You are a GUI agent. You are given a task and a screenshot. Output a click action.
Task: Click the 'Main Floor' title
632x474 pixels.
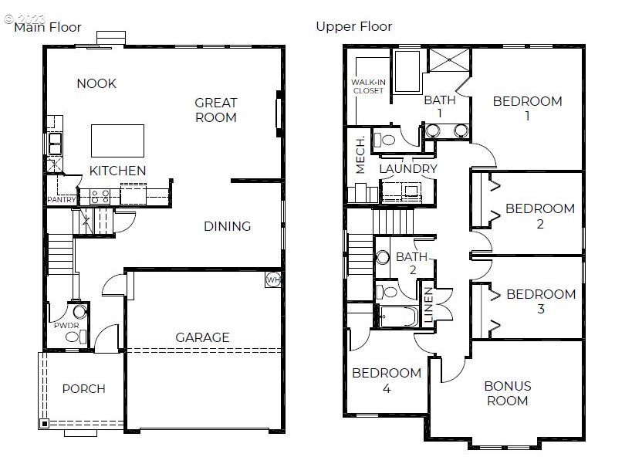[x=48, y=28]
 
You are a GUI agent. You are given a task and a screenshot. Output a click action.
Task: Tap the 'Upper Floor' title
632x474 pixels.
[x=354, y=26]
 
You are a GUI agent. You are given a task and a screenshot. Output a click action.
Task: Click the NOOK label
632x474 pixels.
[x=96, y=83]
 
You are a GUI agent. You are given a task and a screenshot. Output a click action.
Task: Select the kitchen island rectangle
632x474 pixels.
[x=118, y=141]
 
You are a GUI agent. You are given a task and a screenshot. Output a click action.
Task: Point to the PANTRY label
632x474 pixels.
[x=62, y=199]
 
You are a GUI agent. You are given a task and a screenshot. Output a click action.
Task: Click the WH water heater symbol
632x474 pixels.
[x=273, y=279]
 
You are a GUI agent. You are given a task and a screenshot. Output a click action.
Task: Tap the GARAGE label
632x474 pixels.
[x=203, y=337]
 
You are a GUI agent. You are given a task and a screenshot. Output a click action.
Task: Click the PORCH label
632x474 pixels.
[x=84, y=389]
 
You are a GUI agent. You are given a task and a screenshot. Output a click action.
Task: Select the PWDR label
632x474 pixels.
[x=66, y=325]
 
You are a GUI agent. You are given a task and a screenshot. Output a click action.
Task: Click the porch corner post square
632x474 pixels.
[x=44, y=424]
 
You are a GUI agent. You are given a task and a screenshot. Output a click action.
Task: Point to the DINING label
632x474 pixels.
[x=228, y=226]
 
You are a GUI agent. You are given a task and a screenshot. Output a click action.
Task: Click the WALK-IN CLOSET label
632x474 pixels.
[x=368, y=86]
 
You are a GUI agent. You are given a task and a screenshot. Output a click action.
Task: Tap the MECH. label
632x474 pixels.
[x=360, y=155]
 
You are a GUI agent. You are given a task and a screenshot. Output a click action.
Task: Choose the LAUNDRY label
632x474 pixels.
[x=408, y=169]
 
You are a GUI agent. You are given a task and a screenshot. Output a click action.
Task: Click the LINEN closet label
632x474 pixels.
[x=428, y=305]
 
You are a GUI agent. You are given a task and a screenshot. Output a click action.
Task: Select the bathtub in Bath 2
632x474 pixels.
[x=399, y=317]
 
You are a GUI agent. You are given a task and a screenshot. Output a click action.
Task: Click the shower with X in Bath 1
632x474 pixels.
[x=449, y=60]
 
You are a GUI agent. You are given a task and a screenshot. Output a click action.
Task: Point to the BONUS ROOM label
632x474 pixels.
[x=508, y=394]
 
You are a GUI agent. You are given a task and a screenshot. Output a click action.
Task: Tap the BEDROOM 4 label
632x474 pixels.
[x=387, y=381]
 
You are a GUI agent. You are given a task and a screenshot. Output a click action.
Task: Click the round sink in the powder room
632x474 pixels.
[x=79, y=312]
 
